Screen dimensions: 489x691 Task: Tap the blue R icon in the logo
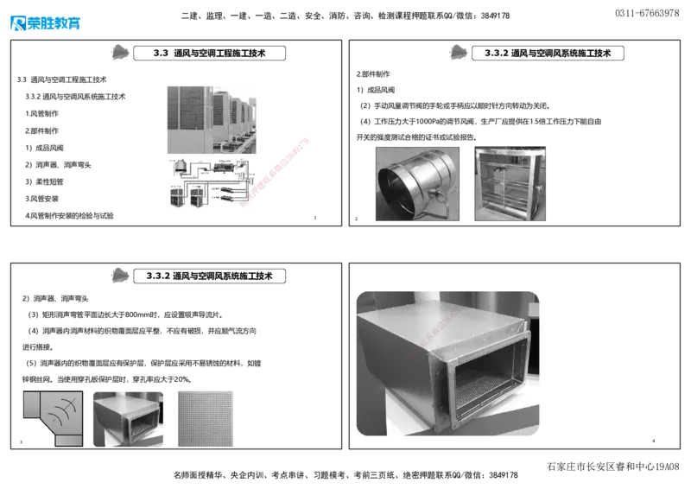pyautogui.click(x=18, y=23)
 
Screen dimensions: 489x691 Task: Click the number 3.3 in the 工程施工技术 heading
pyautogui.click(x=159, y=54)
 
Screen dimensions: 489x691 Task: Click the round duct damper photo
pyautogui.click(x=418, y=182)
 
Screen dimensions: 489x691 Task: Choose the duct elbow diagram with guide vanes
pyautogui.click(x=52, y=416)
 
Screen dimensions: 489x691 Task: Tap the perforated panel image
pyautogui.click(x=203, y=416)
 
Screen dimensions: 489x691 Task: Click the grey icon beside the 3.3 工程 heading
pyautogui.click(x=121, y=54)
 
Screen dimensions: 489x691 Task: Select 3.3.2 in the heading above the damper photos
pyautogui.click(x=496, y=54)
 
